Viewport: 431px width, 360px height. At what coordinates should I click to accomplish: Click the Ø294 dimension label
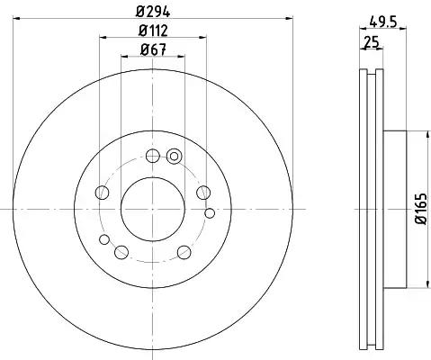[153, 12]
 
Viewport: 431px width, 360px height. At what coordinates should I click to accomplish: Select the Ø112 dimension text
[153, 31]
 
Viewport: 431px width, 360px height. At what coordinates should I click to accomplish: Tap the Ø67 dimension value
[153, 49]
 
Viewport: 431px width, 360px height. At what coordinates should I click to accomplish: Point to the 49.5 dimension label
[383, 22]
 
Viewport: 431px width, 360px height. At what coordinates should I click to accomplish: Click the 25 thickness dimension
[372, 41]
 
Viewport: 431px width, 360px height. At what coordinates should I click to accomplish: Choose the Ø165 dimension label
[420, 209]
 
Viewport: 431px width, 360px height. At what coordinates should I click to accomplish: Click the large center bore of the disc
[153, 209]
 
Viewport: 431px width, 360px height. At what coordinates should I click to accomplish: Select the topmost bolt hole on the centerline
[153, 156]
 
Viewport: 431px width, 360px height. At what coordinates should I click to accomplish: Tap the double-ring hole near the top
[174, 156]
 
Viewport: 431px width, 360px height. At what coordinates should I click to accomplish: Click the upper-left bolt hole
[102, 193]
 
